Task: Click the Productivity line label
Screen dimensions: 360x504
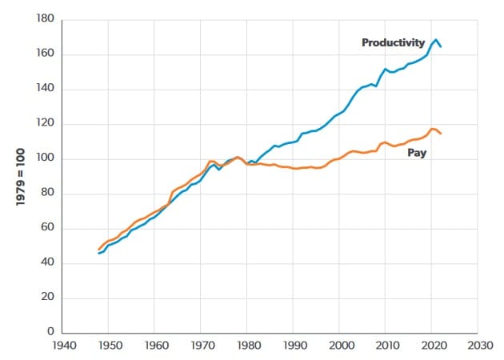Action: click(393, 42)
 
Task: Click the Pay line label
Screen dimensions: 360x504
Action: click(417, 152)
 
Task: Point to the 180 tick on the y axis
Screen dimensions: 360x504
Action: click(44, 19)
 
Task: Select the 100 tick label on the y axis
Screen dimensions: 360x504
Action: click(44, 158)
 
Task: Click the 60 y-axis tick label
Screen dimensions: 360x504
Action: click(46, 229)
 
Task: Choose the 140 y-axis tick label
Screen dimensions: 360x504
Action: click(44, 89)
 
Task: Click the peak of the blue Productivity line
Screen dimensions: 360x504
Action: click(436, 39)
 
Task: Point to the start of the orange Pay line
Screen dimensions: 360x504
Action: click(99, 250)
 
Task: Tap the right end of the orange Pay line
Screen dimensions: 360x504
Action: click(441, 133)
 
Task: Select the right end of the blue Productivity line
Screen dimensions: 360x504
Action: click(441, 46)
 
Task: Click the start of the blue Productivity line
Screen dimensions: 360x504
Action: click(99, 253)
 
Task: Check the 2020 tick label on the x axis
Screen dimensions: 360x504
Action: click(432, 347)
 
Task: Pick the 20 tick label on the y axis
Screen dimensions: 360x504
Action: click(46, 298)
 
